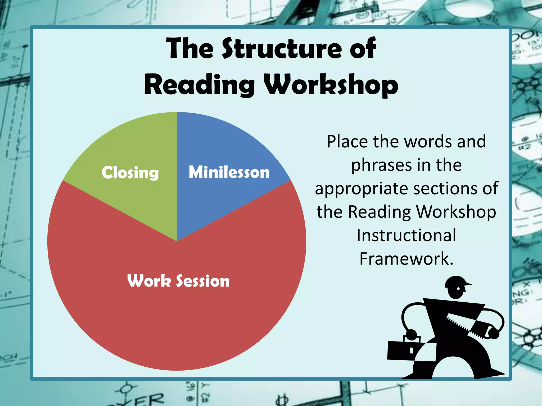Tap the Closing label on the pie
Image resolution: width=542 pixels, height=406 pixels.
click(130, 173)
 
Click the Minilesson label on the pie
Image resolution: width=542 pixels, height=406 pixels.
click(229, 172)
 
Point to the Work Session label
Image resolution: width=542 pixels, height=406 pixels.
click(178, 281)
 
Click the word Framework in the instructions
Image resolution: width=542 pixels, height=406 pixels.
click(406, 259)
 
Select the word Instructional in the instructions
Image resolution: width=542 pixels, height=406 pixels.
click(406, 235)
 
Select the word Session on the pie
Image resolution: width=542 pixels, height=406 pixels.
click(203, 281)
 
